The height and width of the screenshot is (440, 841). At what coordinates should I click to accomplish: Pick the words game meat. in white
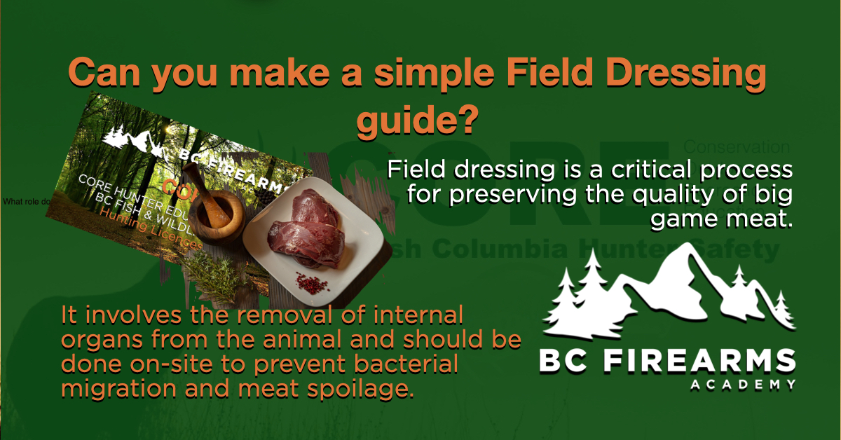pos(721,220)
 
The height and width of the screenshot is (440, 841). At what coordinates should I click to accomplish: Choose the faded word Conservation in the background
pos(736,148)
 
